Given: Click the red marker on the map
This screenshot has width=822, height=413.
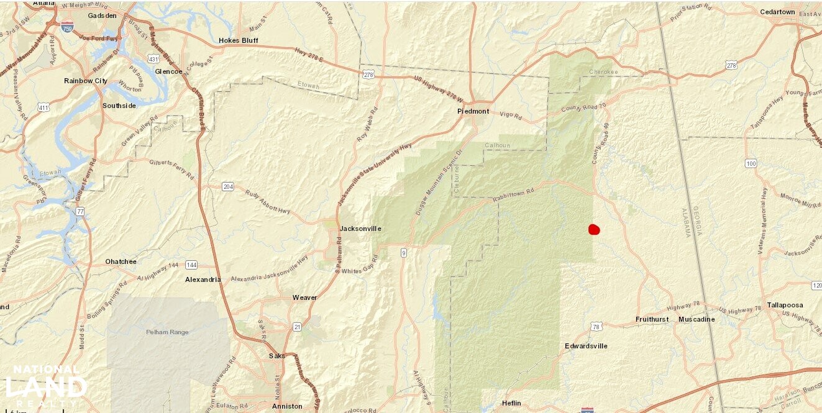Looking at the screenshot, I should [594, 230].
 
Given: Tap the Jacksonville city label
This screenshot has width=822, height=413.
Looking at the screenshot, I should [360, 229].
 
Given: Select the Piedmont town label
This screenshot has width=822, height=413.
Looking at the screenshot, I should [473, 112].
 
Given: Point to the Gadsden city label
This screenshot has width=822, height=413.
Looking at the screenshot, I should [103, 16].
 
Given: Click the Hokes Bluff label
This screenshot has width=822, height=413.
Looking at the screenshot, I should [239, 41].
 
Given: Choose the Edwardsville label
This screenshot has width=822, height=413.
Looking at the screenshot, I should [586, 346].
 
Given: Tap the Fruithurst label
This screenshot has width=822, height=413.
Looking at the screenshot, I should [652, 320].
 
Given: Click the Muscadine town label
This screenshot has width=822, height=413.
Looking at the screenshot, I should [696, 320].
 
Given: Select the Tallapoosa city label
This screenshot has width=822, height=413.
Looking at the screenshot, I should [785, 305].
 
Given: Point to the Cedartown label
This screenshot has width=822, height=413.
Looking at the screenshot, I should [777, 12].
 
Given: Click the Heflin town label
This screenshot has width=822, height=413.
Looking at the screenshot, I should [511, 404].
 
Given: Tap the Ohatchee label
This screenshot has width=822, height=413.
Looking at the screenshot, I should [121, 261].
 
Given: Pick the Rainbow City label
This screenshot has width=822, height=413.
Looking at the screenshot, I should [86, 81].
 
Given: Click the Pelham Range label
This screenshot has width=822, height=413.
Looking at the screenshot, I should [167, 332].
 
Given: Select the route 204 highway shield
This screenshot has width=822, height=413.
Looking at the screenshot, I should [227, 186].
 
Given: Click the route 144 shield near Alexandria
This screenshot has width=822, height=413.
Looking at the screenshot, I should [191, 265].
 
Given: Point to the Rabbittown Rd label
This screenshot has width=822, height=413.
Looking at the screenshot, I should [513, 194].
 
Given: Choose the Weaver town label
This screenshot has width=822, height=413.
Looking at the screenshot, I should [304, 297].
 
